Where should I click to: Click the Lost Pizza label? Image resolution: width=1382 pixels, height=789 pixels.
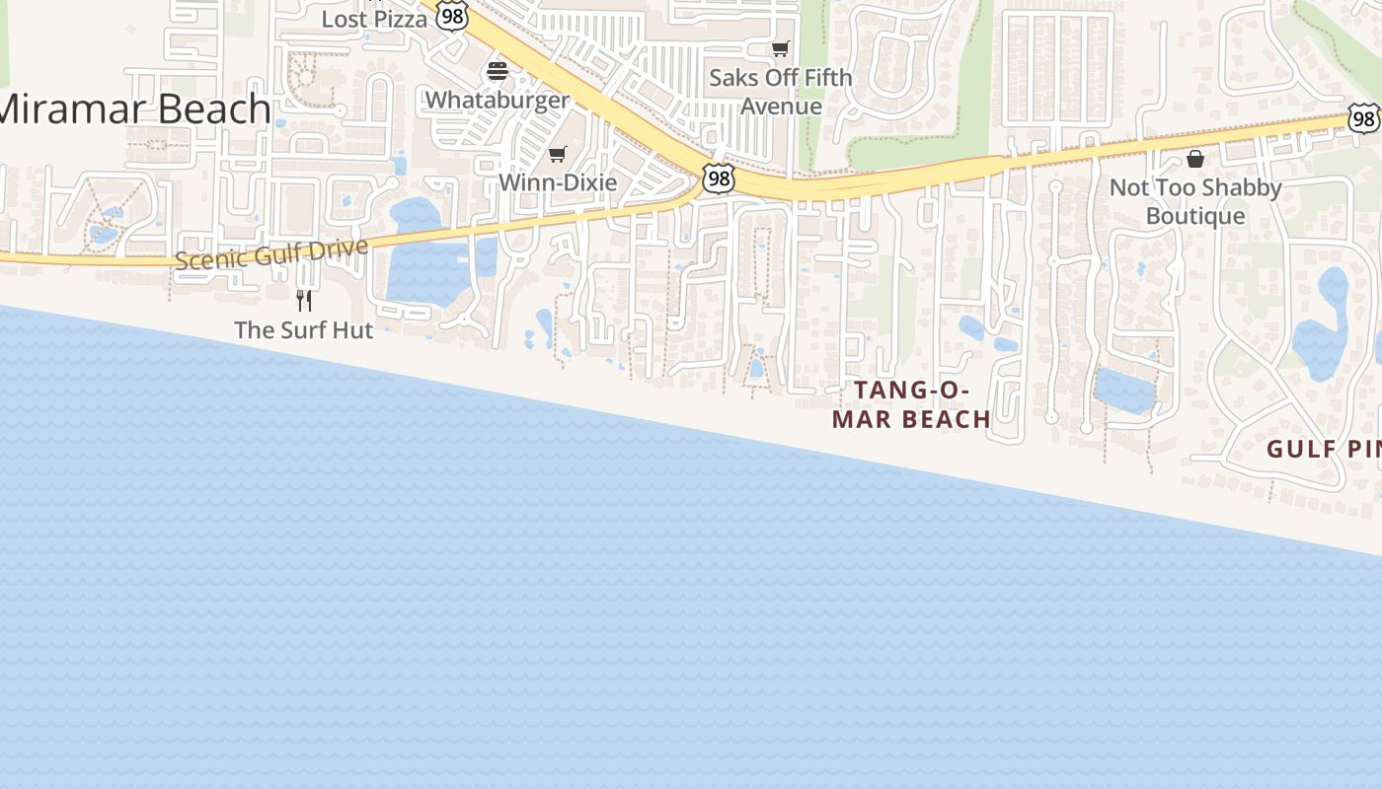(x=374, y=19)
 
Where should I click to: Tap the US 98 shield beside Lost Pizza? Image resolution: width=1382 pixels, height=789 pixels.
(x=451, y=17)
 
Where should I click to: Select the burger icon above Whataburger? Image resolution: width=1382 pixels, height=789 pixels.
(x=498, y=71)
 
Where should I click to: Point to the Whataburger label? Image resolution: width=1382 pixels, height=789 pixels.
(x=498, y=100)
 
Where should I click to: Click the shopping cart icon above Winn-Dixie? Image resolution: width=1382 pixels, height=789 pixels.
(x=558, y=154)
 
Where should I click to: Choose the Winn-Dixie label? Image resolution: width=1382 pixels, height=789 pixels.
(x=558, y=182)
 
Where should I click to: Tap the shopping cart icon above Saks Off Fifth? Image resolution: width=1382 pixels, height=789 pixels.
(x=781, y=48)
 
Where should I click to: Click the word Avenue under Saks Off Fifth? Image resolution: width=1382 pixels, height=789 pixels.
(x=781, y=106)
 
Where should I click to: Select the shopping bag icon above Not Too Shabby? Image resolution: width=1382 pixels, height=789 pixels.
(x=1195, y=159)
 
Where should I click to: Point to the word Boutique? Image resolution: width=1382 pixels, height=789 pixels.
(x=1195, y=216)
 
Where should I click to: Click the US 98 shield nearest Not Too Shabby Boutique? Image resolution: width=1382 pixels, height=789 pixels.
(x=1363, y=119)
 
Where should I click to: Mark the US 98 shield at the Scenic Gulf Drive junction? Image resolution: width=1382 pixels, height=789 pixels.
(x=719, y=179)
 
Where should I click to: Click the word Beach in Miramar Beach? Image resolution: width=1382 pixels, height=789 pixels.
(x=210, y=109)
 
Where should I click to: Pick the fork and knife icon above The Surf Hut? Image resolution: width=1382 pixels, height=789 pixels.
(x=304, y=300)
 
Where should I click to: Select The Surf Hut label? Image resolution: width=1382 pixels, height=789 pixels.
(x=304, y=330)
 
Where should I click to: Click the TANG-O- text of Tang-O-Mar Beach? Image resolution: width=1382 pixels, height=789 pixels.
(x=911, y=391)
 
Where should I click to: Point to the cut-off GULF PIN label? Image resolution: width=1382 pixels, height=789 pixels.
(x=1324, y=450)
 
